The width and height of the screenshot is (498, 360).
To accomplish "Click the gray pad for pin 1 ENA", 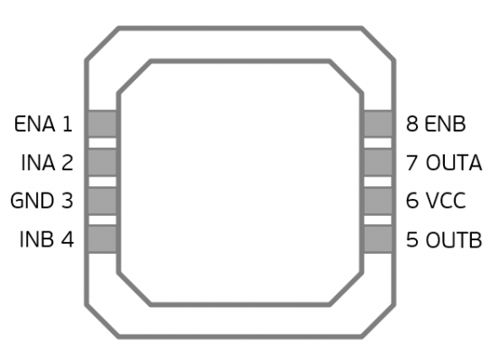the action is pos(102,124).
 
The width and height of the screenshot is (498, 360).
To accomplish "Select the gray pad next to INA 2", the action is pos(102,162).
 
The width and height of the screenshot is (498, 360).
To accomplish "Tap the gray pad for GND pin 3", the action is pos(102,201).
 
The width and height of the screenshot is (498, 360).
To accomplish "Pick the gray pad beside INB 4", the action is pos(102,239).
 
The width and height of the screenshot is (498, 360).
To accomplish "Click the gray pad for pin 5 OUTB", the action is pos(377,239).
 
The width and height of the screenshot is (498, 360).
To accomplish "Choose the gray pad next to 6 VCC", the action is pos(377,201).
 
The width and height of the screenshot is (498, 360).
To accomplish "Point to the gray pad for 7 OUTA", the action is pos(377,162).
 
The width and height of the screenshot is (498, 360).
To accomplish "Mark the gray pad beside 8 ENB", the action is pos(377,124).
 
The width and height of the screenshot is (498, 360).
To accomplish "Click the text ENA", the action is pos(34,124).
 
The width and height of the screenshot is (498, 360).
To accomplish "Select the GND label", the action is pos(32,201).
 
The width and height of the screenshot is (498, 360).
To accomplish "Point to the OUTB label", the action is pos(454,239).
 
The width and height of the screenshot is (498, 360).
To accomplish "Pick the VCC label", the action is pos(446,201).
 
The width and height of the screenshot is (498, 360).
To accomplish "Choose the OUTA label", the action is pos(454,163).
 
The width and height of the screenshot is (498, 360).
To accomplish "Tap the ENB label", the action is pos(445,124).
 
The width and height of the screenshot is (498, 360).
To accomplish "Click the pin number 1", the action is pos(67,124).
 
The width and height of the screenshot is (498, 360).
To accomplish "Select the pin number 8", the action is pos(412,124).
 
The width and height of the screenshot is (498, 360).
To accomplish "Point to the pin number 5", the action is pos(412,239).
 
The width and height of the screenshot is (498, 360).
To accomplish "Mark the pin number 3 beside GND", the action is pos(68,201).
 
